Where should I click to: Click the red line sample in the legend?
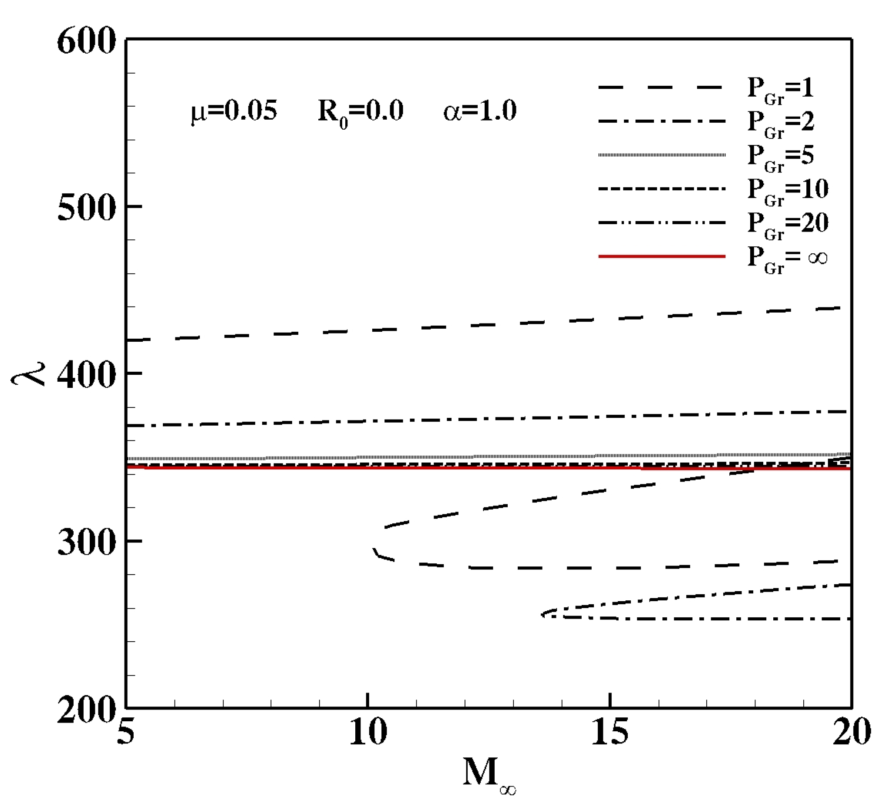661,256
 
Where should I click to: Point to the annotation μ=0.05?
234,112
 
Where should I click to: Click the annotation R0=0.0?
360,113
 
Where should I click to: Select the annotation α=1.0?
480,111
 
